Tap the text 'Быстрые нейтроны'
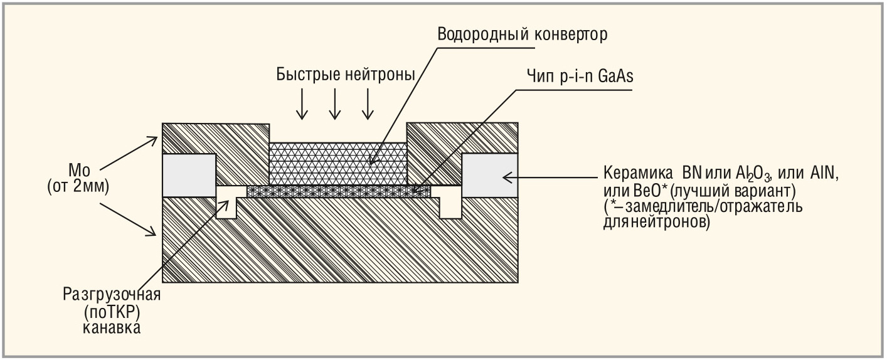click(346, 75)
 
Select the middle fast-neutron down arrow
click(335, 103)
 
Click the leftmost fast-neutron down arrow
click(302, 103)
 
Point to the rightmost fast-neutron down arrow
click(368, 103)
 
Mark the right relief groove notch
click(450, 202)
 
